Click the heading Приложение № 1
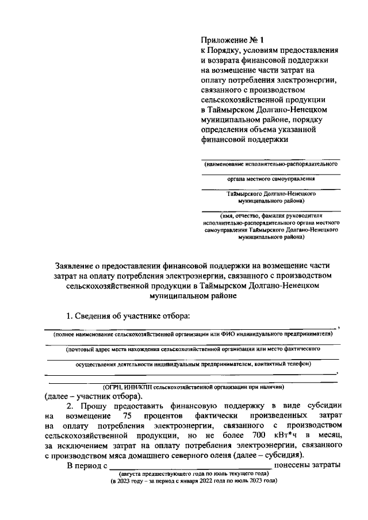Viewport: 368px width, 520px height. click(226, 40)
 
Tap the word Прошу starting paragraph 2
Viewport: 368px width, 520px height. click(91, 405)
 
